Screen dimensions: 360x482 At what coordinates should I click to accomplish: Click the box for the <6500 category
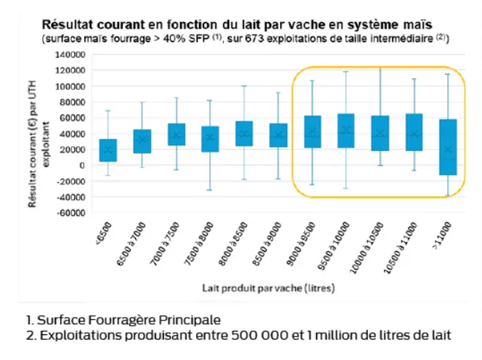pyautogui.click(x=108, y=150)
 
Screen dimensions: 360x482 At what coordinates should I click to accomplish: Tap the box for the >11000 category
pyautogui.click(x=448, y=147)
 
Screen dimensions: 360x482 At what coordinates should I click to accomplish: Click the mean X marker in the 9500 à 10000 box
pyautogui.click(x=347, y=130)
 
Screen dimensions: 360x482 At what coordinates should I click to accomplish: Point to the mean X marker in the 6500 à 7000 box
pyautogui.click(x=142, y=140)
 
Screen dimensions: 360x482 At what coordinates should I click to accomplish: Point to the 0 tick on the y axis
pyautogui.click(x=78, y=165)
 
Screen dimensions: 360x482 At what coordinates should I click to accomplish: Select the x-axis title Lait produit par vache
pyautogui.click(x=268, y=288)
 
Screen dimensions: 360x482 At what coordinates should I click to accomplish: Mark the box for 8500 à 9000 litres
pyautogui.click(x=278, y=135)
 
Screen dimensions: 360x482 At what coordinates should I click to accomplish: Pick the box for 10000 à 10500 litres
pyautogui.click(x=380, y=133)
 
